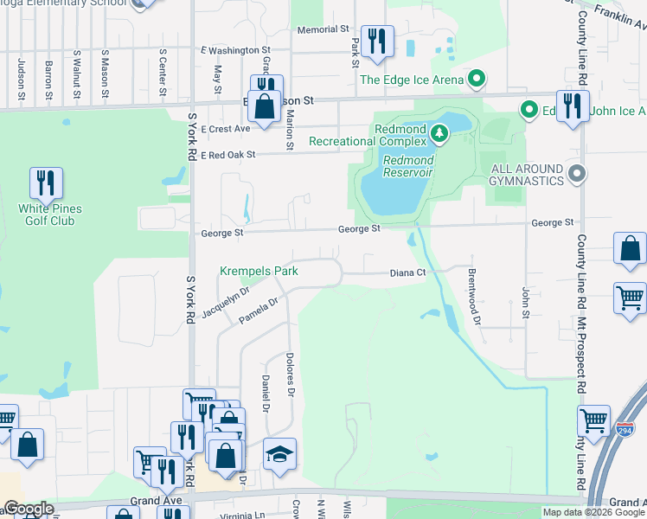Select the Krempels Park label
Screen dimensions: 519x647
[x=259, y=272]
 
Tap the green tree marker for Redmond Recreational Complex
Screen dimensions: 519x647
[x=439, y=132]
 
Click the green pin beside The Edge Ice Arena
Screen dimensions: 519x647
[x=476, y=80]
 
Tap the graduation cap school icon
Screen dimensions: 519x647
[x=279, y=455]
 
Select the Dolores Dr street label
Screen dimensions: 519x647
[x=291, y=375]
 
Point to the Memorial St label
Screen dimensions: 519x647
[x=323, y=29]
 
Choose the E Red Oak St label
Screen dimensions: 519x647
[x=228, y=155]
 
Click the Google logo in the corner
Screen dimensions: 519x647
[x=28, y=509]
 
